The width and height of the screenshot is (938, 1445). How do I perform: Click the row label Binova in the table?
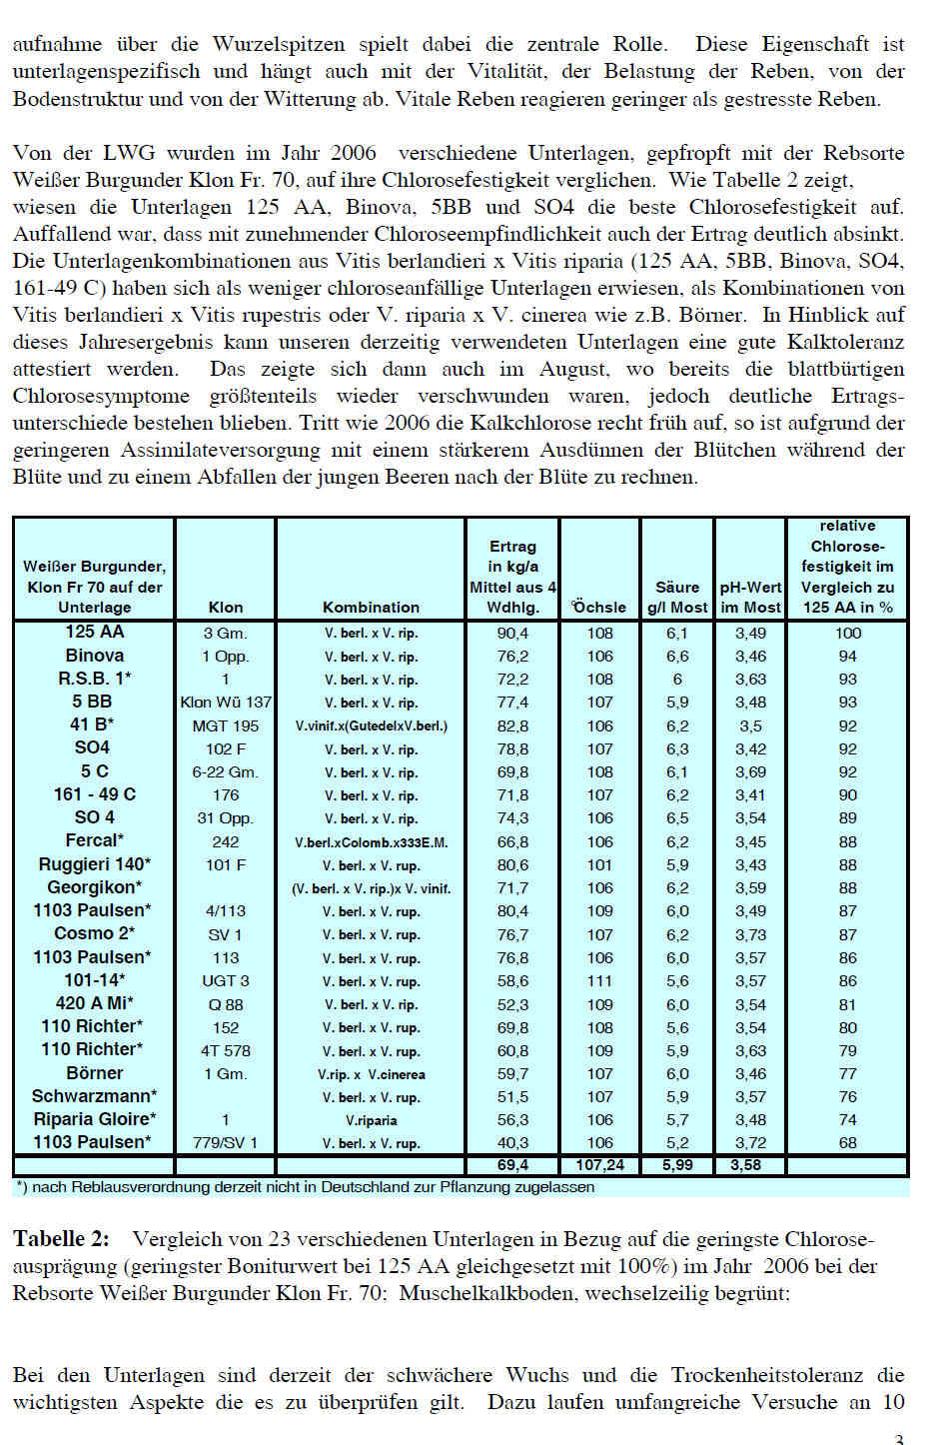[x=94, y=656]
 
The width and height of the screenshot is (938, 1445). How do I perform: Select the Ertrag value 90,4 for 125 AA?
[x=512, y=633]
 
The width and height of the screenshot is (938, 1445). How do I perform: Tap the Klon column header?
[x=226, y=607]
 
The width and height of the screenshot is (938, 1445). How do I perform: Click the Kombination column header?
[x=371, y=607]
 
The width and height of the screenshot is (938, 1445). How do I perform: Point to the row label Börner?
[x=94, y=1073]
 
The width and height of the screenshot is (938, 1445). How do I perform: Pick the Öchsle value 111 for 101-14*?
[x=599, y=981]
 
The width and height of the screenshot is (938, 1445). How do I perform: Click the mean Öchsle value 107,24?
[x=599, y=1165]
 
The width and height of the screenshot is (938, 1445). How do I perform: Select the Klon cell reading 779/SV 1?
[x=226, y=1143]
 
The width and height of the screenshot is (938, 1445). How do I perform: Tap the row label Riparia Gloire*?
[x=94, y=1119]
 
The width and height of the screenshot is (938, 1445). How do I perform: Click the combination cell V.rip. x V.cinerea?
[x=371, y=1074]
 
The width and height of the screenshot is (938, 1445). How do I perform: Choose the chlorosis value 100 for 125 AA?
[x=847, y=633]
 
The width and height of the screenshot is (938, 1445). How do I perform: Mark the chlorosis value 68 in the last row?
[x=847, y=1143]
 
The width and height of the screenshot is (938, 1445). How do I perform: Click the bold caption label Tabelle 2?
[x=61, y=1239]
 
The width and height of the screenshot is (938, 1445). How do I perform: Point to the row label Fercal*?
[x=94, y=840]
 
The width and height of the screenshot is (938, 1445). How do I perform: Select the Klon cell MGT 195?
[x=226, y=725]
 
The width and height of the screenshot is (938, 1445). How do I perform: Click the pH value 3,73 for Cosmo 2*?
[x=750, y=934]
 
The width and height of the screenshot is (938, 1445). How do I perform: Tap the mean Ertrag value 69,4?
[x=512, y=1165]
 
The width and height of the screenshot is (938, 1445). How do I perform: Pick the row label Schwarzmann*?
[x=94, y=1096]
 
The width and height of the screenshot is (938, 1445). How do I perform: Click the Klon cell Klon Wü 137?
[x=226, y=703]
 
